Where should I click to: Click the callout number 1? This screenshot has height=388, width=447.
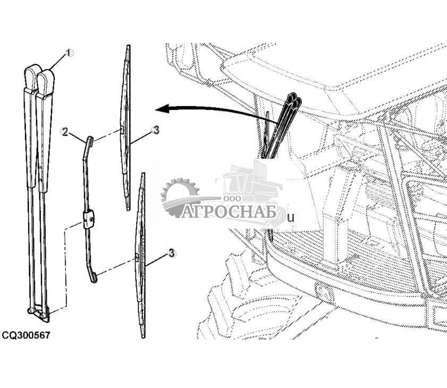pyautogui.click(x=69, y=53)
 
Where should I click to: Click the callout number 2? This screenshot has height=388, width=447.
pyautogui.click(x=65, y=132)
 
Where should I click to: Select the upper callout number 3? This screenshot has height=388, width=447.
pyautogui.click(x=155, y=131)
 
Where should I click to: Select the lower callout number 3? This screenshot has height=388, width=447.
pyautogui.click(x=171, y=253)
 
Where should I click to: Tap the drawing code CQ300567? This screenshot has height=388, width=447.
pyautogui.click(x=26, y=335)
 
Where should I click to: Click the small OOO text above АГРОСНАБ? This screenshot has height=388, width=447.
pyautogui.click(x=232, y=199)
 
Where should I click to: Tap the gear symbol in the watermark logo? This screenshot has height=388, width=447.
pyautogui.click(x=180, y=197)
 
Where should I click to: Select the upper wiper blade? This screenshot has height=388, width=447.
pyautogui.click(x=126, y=127)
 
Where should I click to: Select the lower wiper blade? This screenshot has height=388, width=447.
pyautogui.click(x=140, y=255)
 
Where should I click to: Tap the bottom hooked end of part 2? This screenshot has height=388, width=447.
pyautogui.click(x=93, y=277)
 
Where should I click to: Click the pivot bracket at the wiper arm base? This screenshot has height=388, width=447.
pyautogui.click(x=39, y=314)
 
